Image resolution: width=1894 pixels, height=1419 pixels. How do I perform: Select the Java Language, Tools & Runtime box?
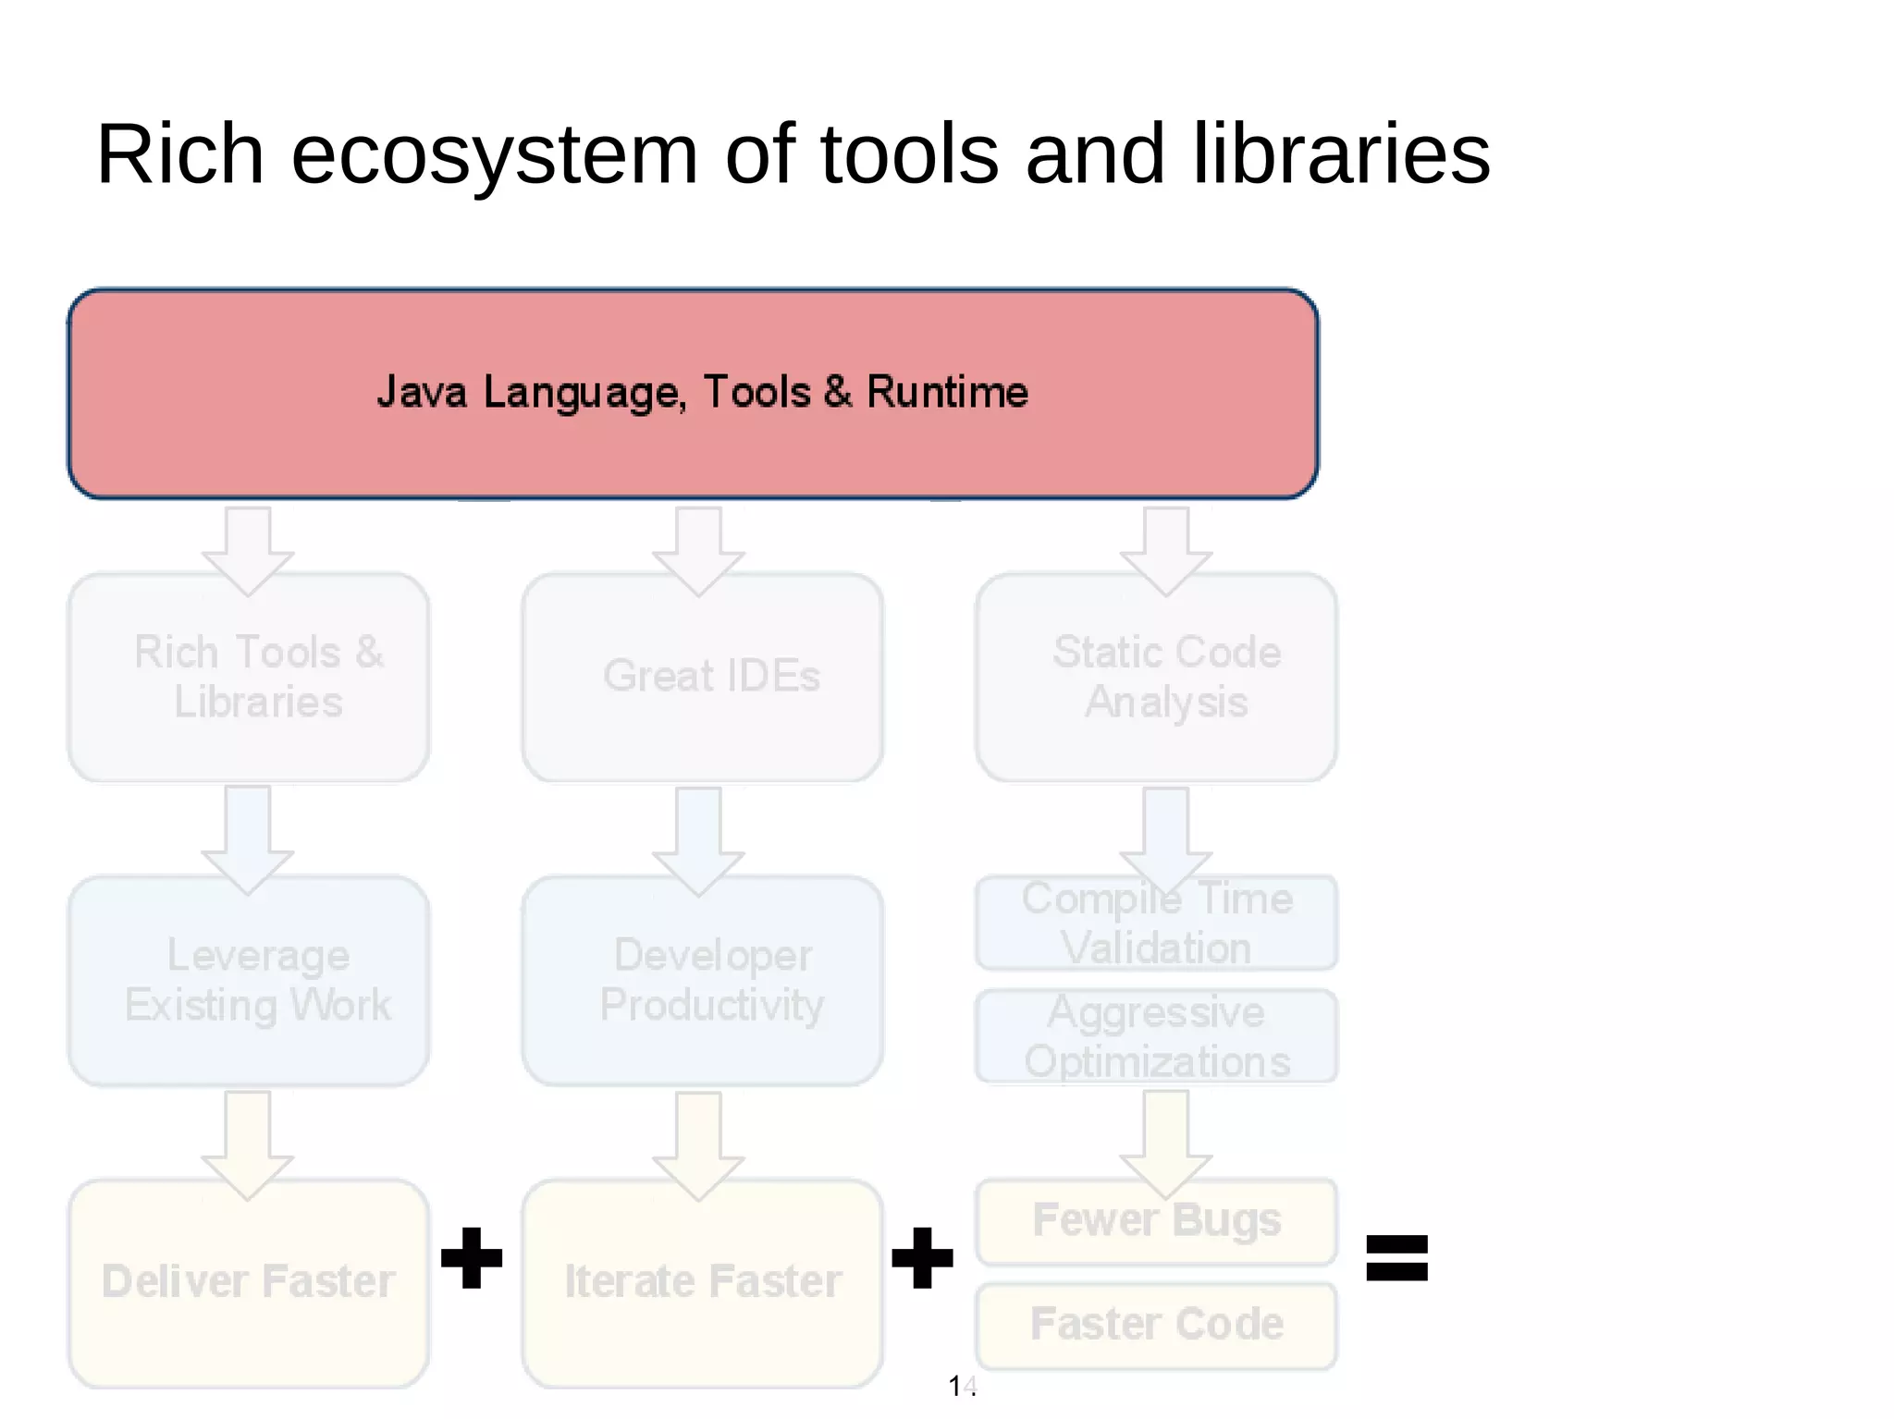(693, 394)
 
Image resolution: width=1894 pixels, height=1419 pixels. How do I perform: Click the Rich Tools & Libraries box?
(249, 678)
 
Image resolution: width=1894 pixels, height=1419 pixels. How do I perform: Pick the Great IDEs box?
(702, 678)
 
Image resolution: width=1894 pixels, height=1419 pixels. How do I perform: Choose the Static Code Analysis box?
(1156, 678)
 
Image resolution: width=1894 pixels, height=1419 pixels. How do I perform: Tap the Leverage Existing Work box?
(249, 981)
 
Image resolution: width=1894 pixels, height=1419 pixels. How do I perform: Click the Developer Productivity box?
(702, 981)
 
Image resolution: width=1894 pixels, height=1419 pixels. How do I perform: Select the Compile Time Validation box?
(1156, 924)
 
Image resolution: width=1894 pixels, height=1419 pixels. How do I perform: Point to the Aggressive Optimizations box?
(1156, 1036)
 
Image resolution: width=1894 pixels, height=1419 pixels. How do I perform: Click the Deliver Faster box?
(249, 1283)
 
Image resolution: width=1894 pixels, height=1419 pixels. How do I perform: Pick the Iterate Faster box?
(702, 1283)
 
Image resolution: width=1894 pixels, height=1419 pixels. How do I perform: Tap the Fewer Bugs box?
(1156, 1221)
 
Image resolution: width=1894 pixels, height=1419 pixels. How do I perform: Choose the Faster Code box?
(1156, 1325)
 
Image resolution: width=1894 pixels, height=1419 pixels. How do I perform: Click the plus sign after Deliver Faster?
(472, 1258)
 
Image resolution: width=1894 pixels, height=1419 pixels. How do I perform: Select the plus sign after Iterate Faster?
(922, 1258)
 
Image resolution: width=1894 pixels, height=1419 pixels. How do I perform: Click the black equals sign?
(1396, 1258)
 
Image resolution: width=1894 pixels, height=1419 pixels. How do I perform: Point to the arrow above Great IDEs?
(698, 549)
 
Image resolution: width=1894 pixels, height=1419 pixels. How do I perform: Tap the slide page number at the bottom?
(962, 1386)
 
